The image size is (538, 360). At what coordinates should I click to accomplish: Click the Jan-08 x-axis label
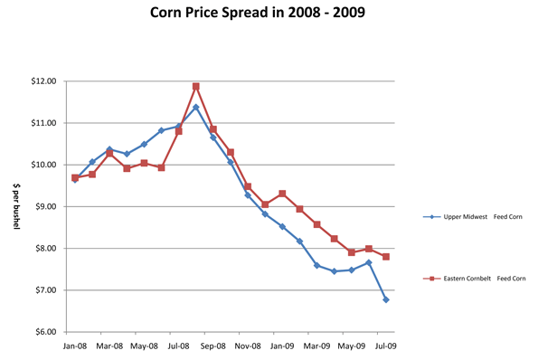pos(75,346)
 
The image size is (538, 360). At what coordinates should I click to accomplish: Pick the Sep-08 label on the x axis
pos(213,346)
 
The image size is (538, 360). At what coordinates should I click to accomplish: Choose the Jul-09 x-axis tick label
pos(386,346)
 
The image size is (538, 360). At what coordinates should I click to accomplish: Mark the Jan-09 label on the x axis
pos(282,346)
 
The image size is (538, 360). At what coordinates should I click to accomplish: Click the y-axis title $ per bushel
pos(15,206)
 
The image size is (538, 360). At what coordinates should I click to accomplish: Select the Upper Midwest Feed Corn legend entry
pos(476,217)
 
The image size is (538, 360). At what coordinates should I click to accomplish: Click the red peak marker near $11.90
pos(196,87)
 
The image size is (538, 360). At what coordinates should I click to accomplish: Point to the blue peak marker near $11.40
pos(196,108)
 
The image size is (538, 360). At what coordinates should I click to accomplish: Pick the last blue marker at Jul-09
pos(386,299)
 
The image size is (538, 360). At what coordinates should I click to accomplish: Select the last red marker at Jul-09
pos(386,257)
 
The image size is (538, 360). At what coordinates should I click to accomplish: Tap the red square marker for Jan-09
pos(282,194)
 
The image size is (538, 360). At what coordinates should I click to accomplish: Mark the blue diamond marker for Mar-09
pos(317,265)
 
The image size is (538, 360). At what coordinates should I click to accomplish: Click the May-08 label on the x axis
pos(144,346)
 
